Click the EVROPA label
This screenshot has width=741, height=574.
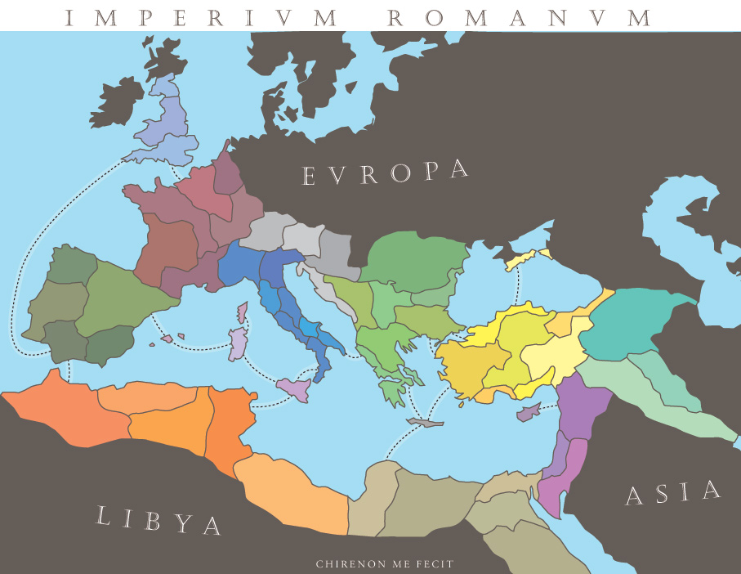point(386,173)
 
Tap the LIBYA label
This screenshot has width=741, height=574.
point(158,520)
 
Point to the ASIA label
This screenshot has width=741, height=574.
point(674,493)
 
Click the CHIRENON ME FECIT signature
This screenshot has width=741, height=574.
point(384,563)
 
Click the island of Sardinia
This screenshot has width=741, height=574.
point(237,343)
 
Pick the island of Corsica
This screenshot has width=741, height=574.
point(242,313)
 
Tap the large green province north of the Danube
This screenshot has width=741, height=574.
point(413,258)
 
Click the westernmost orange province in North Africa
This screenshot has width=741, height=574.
point(61,413)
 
